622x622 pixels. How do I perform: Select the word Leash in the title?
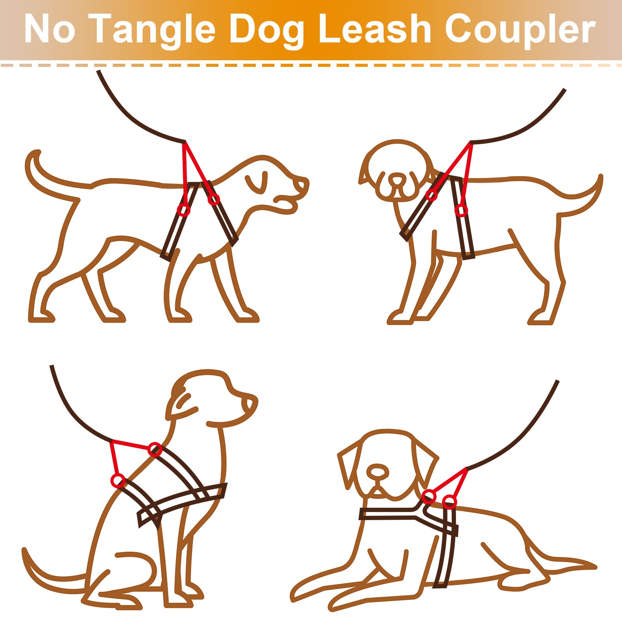375,30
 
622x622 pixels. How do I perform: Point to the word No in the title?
49,30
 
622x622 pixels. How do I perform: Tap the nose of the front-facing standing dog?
397,180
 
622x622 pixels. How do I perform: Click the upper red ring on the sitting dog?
155,449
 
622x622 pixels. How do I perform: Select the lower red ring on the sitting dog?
118,480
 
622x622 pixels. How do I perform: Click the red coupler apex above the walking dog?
184,143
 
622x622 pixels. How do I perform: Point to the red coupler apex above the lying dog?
465,470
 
